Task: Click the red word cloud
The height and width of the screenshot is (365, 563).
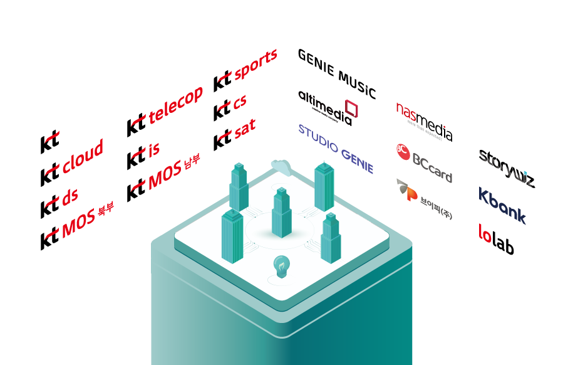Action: (82, 156)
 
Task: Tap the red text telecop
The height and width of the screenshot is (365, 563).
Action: (175, 105)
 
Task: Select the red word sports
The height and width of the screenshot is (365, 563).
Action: (255, 65)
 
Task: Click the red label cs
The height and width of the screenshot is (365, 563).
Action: (239, 102)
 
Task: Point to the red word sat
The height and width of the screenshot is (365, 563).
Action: (244, 130)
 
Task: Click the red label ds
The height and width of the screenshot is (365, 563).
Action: (70, 197)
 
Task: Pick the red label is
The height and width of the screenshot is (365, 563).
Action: (154, 149)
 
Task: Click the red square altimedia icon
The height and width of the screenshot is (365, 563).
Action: (351, 108)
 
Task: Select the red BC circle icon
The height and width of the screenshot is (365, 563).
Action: (403, 151)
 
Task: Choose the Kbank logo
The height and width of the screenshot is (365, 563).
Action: (502, 206)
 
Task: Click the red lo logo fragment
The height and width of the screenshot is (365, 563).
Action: (485, 233)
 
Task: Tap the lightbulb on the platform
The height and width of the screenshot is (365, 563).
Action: (282, 267)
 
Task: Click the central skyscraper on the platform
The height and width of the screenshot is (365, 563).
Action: (282, 213)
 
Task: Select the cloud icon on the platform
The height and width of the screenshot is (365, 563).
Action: (282, 167)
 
